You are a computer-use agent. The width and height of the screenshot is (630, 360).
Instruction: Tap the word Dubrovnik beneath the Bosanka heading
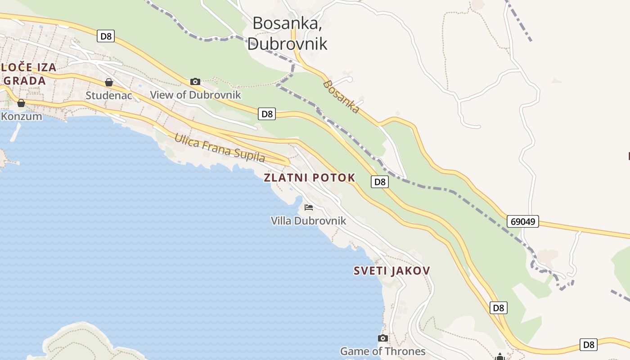click(x=287, y=44)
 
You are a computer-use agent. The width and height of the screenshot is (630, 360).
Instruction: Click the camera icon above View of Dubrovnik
click(x=195, y=81)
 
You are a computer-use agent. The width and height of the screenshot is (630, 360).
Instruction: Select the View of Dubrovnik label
click(x=195, y=95)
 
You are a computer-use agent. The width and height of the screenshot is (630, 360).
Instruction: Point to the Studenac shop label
click(x=108, y=95)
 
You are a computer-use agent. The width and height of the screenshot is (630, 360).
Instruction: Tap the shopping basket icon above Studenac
click(x=108, y=82)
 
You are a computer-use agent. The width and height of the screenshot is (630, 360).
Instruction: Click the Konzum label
click(x=21, y=116)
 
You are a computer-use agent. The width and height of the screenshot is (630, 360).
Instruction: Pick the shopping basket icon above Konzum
click(x=21, y=103)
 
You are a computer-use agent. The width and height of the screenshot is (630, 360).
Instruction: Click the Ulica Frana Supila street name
click(x=219, y=148)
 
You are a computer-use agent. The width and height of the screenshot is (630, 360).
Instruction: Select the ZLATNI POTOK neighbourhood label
click(x=309, y=178)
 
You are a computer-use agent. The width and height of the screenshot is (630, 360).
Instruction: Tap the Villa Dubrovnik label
click(x=308, y=220)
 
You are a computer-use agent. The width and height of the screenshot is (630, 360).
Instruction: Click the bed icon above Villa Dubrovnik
click(x=309, y=207)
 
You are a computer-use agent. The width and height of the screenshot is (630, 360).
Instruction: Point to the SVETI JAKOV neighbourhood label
click(x=391, y=271)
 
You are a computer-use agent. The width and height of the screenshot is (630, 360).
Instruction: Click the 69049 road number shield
click(x=522, y=221)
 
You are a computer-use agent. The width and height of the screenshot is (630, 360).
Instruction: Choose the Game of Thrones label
click(x=382, y=351)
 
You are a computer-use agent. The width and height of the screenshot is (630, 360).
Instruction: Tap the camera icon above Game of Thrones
click(x=383, y=338)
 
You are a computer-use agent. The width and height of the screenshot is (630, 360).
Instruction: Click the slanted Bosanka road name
click(x=341, y=97)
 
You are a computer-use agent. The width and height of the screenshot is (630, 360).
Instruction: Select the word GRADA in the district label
click(x=25, y=81)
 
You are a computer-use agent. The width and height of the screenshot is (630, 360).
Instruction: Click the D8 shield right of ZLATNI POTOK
click(x=380, y=182)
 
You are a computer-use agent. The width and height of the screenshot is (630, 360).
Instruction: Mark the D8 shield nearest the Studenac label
click(x=106, y=36)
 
